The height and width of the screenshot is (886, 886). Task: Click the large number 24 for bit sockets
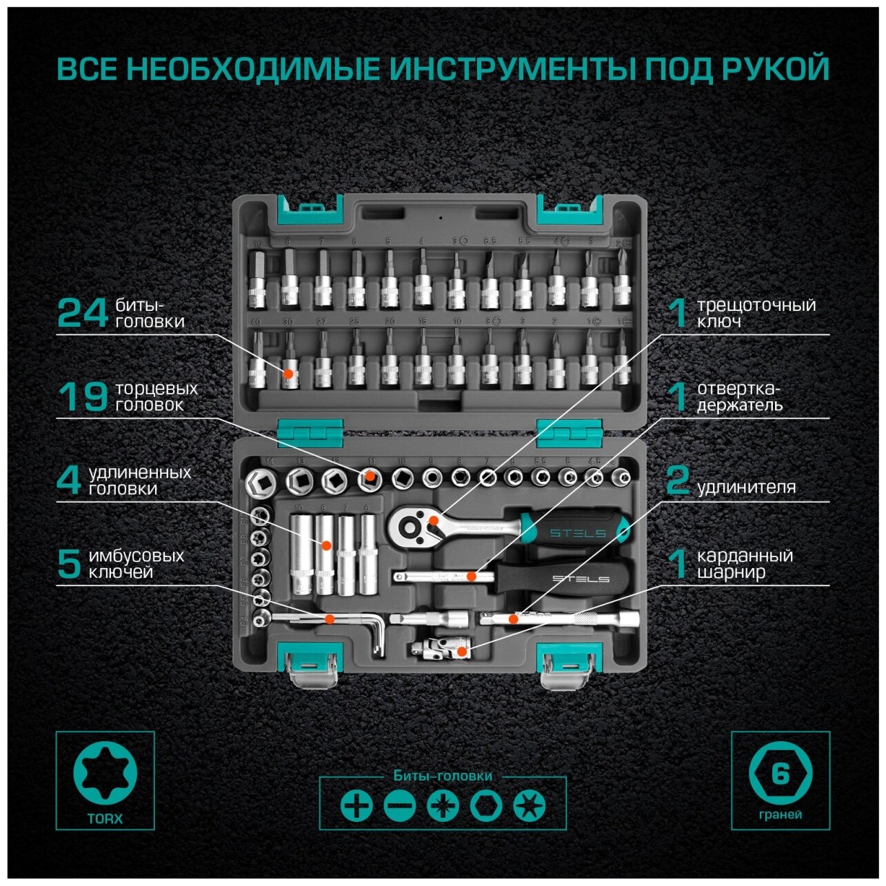pos(82,312)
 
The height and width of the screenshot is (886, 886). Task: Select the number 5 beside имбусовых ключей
pos(69,563)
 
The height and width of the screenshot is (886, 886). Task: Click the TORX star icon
pos(105,773)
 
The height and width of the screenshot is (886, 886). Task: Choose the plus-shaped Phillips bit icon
pos(356,805)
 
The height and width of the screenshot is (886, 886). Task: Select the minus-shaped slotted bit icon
pos(400,805)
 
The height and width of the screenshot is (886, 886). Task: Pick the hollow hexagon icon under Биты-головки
pos(486,805)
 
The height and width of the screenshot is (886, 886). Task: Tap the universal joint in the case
pos(439,648)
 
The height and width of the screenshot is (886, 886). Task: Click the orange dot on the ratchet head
pos(433,521)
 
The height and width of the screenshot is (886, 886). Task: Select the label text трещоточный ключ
pos(755,312)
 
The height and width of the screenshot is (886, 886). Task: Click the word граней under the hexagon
pos(780,814)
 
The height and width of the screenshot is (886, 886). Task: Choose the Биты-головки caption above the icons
pos(443,776)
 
